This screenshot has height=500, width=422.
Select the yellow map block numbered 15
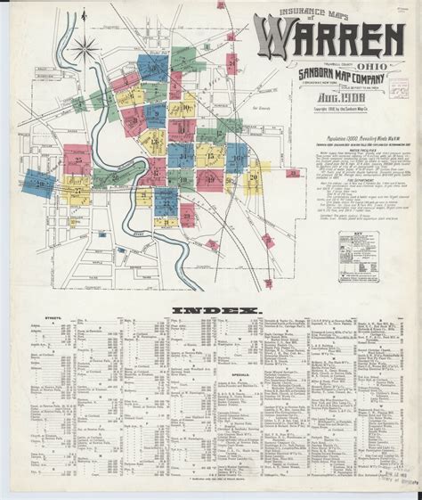pos(211,156)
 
